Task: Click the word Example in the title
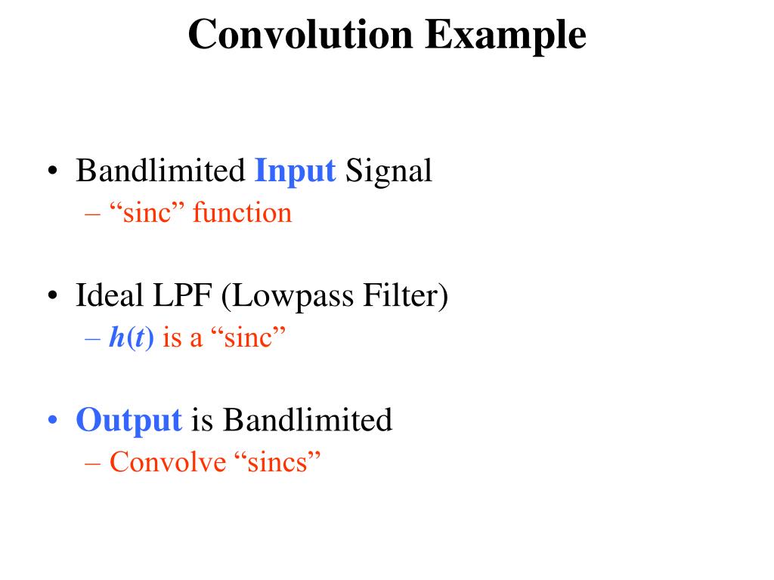(x=505, y=35)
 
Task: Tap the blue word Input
(x=295, y=171)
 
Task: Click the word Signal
(x=389, y=171)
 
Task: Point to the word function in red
(x=242, y=214)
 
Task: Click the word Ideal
(x=109, y=296)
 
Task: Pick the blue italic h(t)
(x=132, y=338)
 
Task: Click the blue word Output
(x=128, y=420)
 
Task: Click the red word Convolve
(x=168, y=461)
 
